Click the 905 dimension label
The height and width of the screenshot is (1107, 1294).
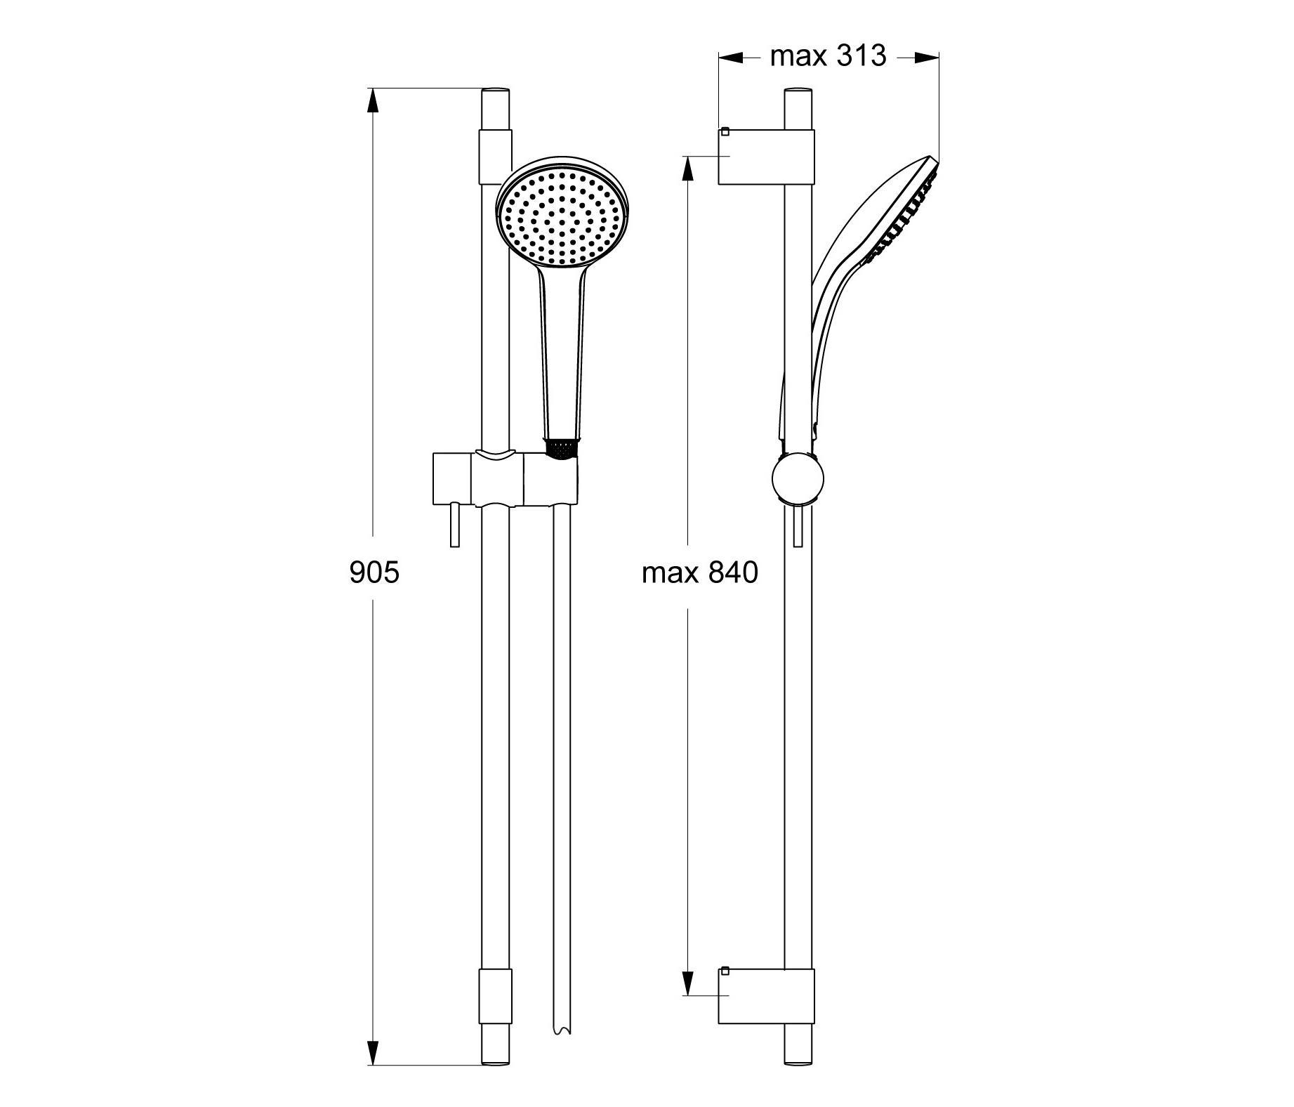pyautogui.click(x=374, y=572)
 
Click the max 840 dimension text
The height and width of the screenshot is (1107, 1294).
pyautogui.click(x=700, y=572)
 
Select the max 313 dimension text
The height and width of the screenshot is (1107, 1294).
pyautogui.click(x=828, y=55)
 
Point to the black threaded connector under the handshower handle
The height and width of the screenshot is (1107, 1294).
pyautogui.click(x=562, y=450)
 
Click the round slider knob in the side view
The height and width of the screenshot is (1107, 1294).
pyautogui.click(x=797, y=478)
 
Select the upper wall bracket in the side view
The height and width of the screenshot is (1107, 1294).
pyautogui.click(x=766, y=157)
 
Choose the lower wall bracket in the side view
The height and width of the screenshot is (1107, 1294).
pyautogui.click(x=766, y=996)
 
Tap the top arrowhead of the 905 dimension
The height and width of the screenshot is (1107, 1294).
pyautogui.click(x=372, y=101)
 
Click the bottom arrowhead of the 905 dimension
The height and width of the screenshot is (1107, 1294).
pyautogui.click(x=372, y=1071)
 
